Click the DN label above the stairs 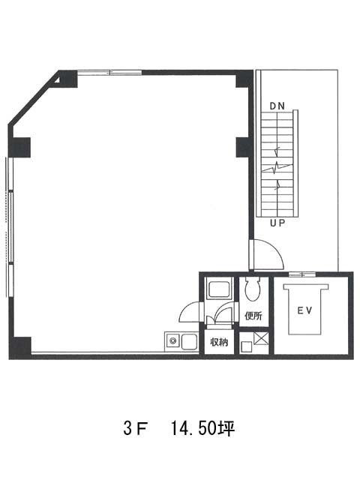point(277,106)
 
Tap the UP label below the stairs point(277,223)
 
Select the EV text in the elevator point(304,310)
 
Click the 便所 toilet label point(253,316)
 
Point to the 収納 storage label point(219,342)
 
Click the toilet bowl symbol point(253,289)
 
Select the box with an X point(261,339)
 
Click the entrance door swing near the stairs point(266,255)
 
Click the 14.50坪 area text point(202,428)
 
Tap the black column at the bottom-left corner point(20,347)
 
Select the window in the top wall point(109,73)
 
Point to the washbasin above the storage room point(219,288)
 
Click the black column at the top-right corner point(244,79)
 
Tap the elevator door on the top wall point(302,274)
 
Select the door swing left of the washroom point(190,312)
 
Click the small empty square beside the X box point(246,346)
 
